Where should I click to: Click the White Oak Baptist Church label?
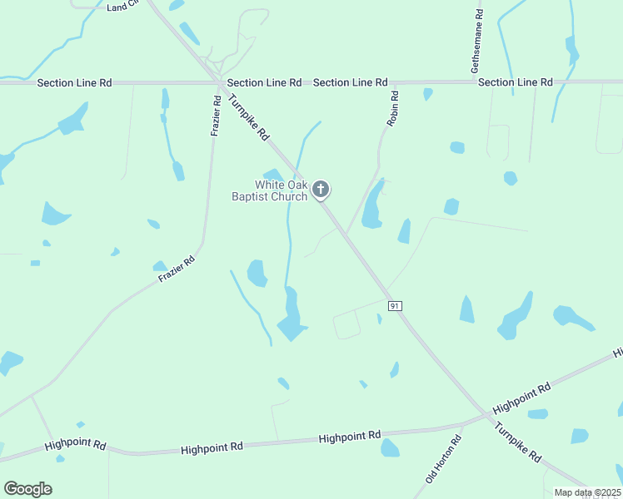pos(269,190)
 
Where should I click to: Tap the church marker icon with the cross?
pos(321,190)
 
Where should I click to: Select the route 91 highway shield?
pos(395,306)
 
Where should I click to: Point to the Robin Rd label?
pos(393,109)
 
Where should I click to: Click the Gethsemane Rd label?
pos(476,42)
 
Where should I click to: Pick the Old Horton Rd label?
pos(442,459)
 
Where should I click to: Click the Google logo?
pos(27,489)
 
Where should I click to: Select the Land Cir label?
pos(123,7)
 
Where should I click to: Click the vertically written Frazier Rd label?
pos(215,116)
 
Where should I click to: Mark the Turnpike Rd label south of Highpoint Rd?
pos(518,442)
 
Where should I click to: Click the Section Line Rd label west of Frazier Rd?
pos(74,83)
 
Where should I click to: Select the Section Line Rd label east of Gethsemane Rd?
pos(516,82)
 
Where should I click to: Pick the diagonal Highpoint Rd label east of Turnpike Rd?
pos(521,398)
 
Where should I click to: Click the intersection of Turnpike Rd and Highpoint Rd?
pos(486,414)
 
